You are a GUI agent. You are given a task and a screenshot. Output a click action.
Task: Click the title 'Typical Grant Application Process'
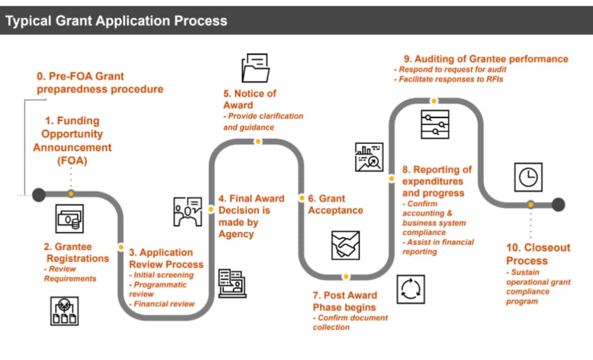coord(116,21)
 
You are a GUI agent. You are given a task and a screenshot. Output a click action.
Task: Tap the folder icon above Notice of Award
coord(255,68)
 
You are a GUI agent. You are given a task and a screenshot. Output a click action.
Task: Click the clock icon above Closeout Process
coord(528,177)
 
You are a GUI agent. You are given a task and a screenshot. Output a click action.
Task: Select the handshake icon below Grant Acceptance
coord(346,245)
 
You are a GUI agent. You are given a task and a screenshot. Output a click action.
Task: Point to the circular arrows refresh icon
coord(411,289)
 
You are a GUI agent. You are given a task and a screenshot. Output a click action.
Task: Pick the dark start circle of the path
coord(39,194)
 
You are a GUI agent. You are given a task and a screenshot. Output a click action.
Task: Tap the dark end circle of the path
coord(558,204)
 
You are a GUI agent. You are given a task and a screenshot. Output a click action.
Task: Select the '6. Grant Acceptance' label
coord(335,205)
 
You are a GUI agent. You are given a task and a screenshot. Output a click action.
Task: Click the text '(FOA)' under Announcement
coord(72,161)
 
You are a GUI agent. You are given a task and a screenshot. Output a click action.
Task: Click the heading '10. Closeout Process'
coord(538,254)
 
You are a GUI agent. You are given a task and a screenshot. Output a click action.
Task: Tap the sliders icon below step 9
coord(434,125)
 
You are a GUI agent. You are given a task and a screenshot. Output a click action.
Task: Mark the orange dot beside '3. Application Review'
coord(121,247)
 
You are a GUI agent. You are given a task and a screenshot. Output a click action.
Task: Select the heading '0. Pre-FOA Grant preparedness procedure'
coord(100,83)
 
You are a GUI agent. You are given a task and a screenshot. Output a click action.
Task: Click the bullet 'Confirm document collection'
coord(350,322)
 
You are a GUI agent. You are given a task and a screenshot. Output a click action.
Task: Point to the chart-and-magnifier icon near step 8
coord(369,157)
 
